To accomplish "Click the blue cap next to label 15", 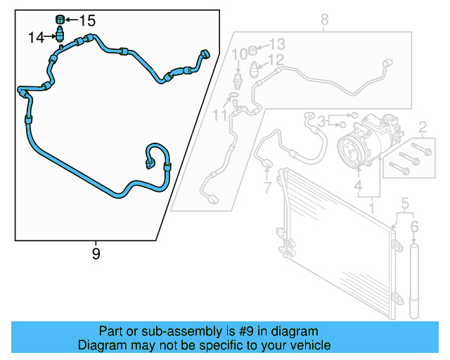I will (60, 18).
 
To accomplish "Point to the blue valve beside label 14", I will (60, 34).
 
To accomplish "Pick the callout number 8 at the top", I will (324, 20).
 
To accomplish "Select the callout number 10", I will (239, 53).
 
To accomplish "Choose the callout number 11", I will (221, 114).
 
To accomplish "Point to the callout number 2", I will (423, 127).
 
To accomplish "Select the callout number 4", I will (358, 187).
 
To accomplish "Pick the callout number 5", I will (404, 205).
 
